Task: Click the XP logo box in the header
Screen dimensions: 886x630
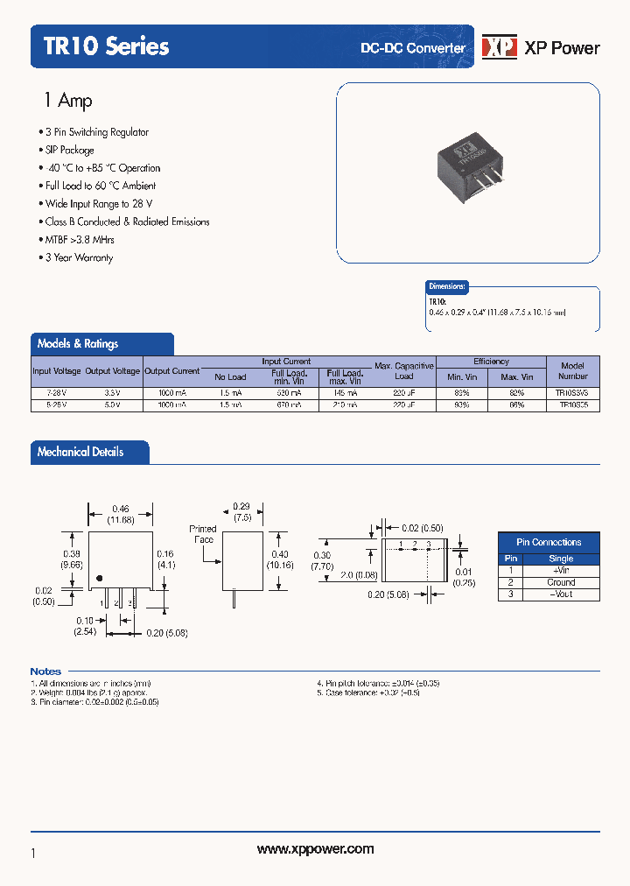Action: (500, 47)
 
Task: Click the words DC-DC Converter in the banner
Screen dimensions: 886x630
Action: (413, 48)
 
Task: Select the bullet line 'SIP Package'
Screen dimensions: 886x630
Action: (70, 150)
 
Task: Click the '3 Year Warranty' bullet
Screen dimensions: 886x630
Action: (79, 257)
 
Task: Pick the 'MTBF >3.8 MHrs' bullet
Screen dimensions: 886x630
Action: (80, 239)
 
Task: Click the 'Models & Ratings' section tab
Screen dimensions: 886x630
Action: (78, 344)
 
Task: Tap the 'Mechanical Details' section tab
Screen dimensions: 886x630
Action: (80, 452)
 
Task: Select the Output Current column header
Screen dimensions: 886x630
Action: (172, 371)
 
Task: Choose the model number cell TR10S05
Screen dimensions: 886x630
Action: (573, 405)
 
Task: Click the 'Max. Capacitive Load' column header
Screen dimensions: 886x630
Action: (403, 371)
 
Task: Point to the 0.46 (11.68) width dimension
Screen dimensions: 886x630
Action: (120, 514)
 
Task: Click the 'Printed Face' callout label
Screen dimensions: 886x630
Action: (202, 534)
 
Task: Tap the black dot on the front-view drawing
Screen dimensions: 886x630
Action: (99, 577)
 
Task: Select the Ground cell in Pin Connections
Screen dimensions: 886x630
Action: (561, 582)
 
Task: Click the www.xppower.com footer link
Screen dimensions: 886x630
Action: (316, 849)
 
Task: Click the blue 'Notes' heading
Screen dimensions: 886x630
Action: (46, 672)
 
